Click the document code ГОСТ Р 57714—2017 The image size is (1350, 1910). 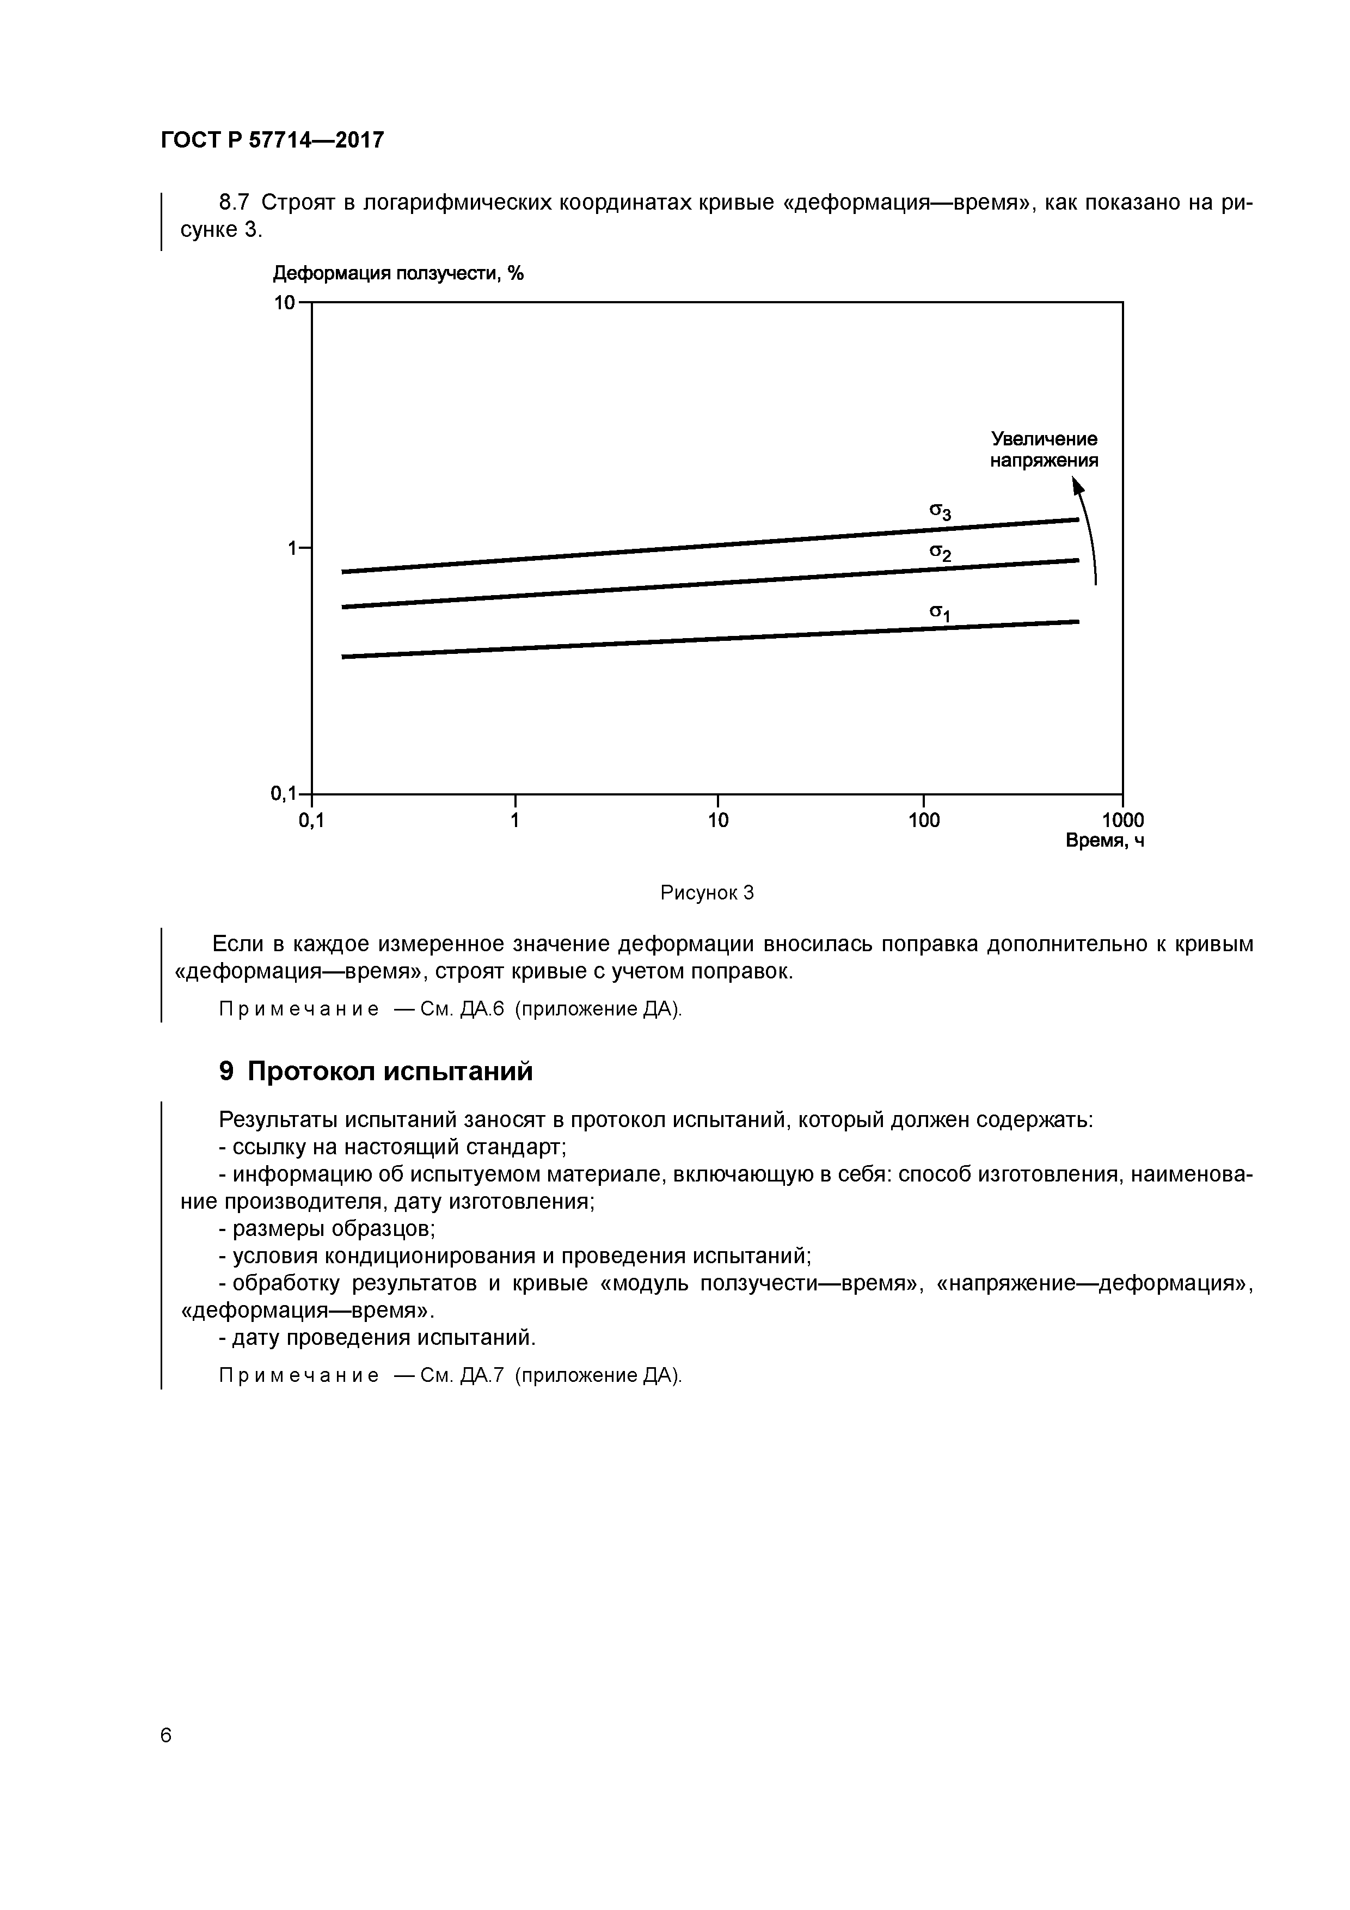[x=272, y=140]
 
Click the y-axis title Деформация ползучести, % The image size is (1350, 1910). [x=398, y=274]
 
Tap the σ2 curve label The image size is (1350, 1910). [x=940, y=553]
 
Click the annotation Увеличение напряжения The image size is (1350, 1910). [x=1044, y=449]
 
